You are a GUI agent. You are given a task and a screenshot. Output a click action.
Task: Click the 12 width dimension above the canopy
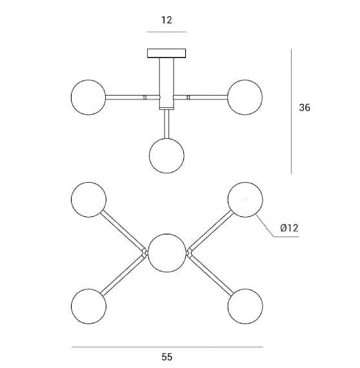[166, 20]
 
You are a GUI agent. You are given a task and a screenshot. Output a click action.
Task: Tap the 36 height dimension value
[305, 107]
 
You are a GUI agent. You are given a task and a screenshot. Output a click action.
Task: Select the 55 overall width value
[166, 357]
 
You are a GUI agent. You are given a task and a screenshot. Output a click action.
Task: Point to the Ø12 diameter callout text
[289, 228]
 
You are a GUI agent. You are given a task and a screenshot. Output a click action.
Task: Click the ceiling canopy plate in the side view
[166, 54]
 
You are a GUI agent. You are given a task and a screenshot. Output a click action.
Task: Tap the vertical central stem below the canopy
[166, 83]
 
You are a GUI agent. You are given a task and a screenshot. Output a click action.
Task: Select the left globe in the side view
[88, 97]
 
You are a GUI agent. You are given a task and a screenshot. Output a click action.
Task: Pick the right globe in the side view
[245, 97]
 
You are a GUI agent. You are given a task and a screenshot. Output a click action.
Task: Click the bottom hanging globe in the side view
[166, 156]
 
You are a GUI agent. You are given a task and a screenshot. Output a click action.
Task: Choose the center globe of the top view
[167, 253]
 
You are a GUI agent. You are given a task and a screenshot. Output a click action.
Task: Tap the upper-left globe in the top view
[88, 199]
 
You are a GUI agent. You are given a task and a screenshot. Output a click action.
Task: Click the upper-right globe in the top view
[245, 199]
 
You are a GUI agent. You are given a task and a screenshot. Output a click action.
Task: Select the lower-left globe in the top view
[88, 306]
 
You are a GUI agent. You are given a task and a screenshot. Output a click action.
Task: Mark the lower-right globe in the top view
[245, 306]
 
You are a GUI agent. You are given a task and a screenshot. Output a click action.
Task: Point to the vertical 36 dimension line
[291, 111]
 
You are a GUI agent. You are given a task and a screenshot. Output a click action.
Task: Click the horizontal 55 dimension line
[167, 347]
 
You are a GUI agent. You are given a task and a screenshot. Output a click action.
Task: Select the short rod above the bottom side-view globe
[166, 124]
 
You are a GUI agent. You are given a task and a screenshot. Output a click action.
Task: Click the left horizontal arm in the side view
[132, 97]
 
